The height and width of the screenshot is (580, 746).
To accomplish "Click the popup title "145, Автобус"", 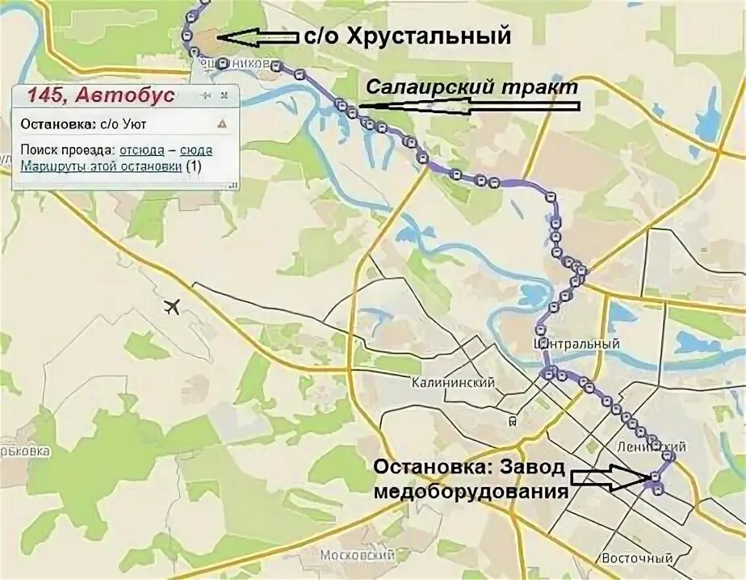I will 101,95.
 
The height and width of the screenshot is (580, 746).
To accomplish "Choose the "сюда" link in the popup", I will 196,150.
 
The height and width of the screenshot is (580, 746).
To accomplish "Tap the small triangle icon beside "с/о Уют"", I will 221,124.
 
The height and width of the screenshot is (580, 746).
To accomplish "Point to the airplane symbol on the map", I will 171,307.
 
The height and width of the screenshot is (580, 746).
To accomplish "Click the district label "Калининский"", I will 452,383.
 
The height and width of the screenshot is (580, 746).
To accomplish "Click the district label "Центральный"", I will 577,344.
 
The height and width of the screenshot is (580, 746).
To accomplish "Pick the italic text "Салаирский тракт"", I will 472,86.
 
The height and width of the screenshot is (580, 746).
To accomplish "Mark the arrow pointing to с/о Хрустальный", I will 258,36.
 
